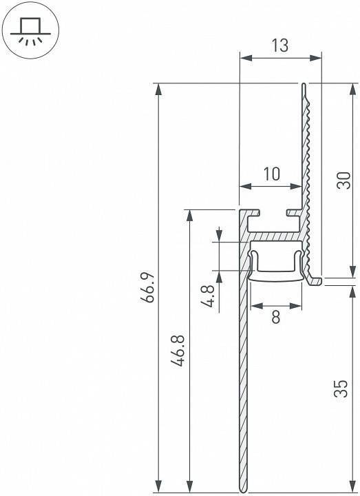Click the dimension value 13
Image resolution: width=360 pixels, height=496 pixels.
click(279, 45)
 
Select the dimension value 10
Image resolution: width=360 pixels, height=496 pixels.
click(272, 174)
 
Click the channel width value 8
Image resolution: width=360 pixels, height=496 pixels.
click(276, 317)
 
